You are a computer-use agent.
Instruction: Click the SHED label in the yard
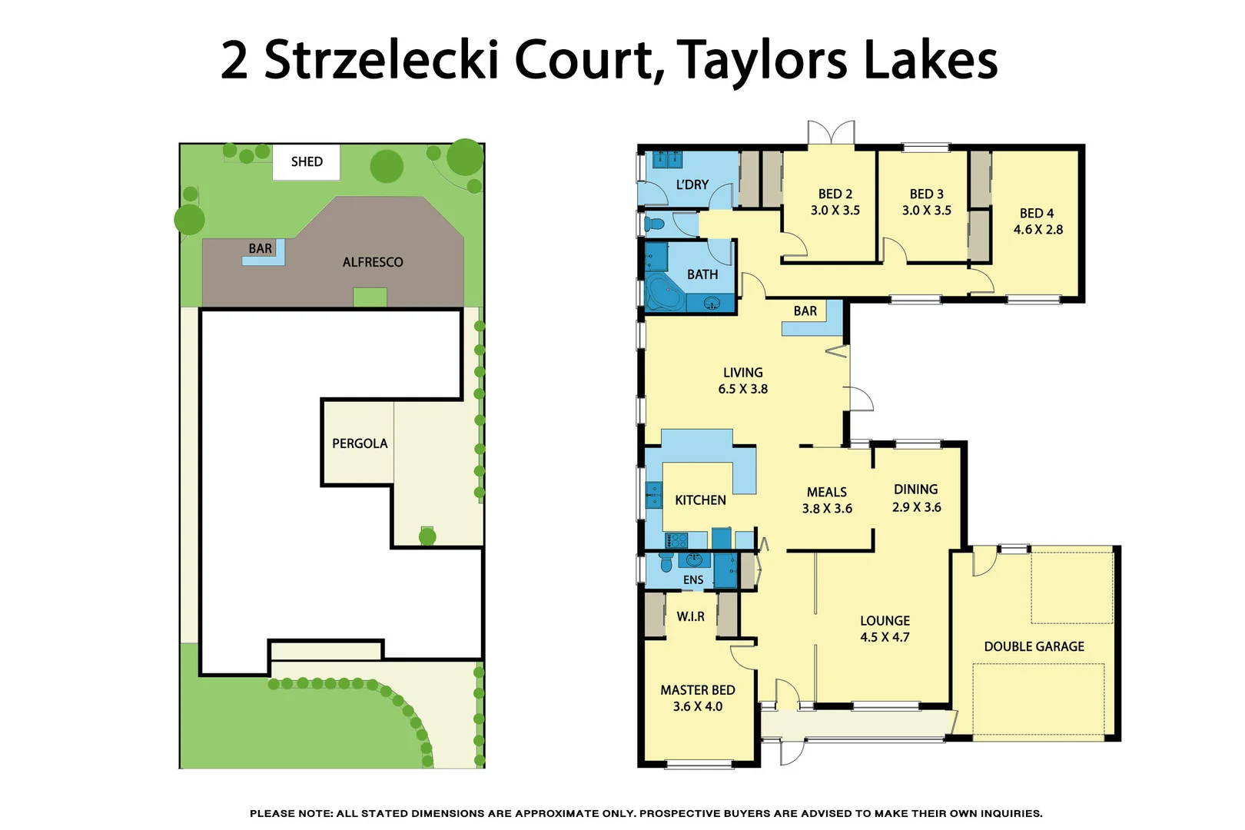point(307,161)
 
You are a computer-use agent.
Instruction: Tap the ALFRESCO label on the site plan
point(373,262)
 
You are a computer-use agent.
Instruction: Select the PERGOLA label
point(360,443)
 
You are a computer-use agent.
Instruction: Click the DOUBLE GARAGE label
point(1034,646)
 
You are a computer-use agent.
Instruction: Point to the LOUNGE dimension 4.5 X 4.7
point(885,637)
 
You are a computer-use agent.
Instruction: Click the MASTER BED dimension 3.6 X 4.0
point(697,706)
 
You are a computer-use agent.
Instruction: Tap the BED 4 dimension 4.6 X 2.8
point(1037,230)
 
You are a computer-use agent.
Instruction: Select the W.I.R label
point(690,616)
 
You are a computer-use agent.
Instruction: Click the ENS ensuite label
point(693,580)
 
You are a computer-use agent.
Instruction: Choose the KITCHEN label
point(700,500)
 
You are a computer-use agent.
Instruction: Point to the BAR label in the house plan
point(805,311)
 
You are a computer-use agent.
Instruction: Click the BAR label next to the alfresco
point(260,248)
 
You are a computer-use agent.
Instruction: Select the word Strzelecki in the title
point(381,60)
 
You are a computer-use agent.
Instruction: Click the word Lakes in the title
point(931,60)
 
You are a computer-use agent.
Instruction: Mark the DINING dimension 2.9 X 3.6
point(916,507)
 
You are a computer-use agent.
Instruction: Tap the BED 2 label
point(835,194)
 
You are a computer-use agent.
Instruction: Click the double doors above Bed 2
point(831,132)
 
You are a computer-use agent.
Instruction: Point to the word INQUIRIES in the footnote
point(1011,813)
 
